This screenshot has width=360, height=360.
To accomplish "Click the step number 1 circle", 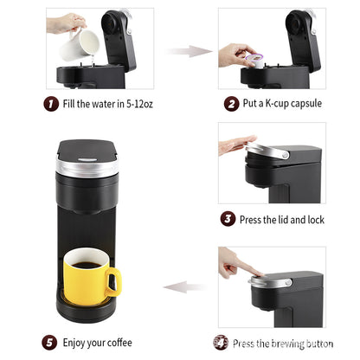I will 52,103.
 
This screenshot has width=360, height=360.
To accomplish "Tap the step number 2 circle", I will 231,103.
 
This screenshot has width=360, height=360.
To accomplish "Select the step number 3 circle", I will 228,219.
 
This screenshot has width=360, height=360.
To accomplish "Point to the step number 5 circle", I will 50,342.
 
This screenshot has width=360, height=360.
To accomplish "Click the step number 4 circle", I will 222,342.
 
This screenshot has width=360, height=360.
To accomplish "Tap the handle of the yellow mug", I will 113,280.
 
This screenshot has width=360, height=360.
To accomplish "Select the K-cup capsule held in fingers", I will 254,59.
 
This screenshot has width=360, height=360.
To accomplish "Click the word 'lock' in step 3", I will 314,220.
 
